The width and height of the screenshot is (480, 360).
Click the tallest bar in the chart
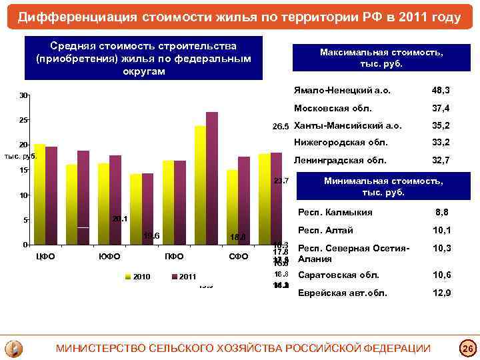click(212, 177)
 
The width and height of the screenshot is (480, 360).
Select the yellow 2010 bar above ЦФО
click(39, 193)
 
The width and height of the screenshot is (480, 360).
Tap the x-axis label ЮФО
click(109, 257)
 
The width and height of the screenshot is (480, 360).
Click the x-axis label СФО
click(238, 257)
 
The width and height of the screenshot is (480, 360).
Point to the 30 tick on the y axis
click(23, 96)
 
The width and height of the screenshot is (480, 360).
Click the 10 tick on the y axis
click(23, 195)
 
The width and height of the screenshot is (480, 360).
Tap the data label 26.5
click(280, 127)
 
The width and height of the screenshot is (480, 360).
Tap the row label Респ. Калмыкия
click(335, 213)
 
